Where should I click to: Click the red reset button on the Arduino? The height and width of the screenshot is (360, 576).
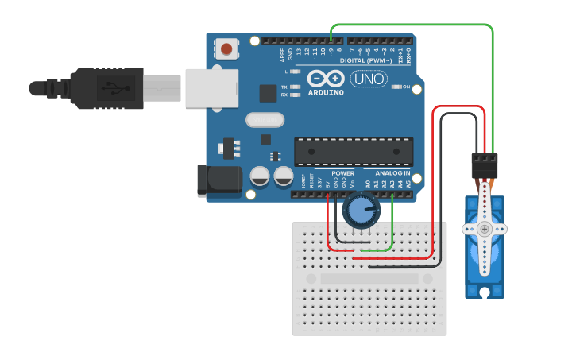[x=227, y=49]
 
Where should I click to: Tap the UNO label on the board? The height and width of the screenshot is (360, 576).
[x=369, y=79]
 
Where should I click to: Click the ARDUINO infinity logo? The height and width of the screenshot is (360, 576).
[x=326, y=79]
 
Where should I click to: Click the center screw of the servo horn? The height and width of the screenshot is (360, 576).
[x=485, y=229]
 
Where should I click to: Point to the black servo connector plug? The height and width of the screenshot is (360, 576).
[x=485, y=166]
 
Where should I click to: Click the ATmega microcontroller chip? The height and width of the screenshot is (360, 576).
[x=354, y=153]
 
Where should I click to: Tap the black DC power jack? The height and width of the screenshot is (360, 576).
[x=219, y=180]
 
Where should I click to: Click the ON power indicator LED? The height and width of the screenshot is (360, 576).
[x=395, y=87]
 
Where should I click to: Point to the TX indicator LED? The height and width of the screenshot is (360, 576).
[x=296, y=87]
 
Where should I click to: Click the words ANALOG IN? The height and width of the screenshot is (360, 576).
[x=392, y=172]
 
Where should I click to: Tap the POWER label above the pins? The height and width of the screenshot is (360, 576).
[x=342, y=172]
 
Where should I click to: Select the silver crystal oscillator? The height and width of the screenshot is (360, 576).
[x=265, y=120]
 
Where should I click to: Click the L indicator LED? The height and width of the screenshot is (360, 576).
[x=296, y=72]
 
